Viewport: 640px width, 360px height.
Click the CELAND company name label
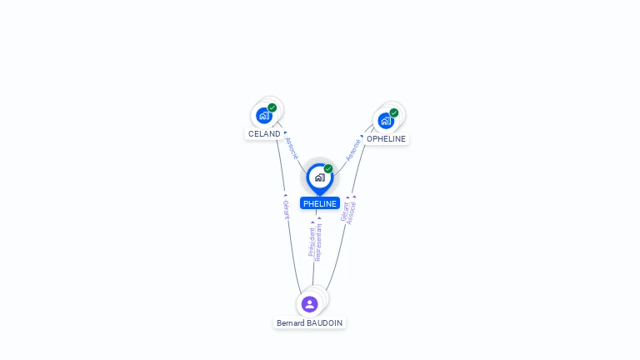(264, 133)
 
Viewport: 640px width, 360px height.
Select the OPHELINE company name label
(386, 139)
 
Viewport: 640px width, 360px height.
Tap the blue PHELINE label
(320, 203)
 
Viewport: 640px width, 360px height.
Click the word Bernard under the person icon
(292, 322)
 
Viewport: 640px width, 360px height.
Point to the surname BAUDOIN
(326, 322)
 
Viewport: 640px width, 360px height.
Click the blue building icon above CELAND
(264, 116)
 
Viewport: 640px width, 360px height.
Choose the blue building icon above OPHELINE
(386, 121)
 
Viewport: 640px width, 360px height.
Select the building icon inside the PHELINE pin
(319, 177)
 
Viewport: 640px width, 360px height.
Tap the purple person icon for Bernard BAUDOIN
(310, 304)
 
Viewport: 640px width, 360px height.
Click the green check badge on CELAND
(272, 107)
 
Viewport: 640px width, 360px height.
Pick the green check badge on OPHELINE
(394, 112)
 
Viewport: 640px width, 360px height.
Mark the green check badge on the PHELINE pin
(328, 168)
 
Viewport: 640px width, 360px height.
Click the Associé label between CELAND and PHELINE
(291, 148)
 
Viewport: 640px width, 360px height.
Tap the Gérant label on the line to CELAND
(286, 209)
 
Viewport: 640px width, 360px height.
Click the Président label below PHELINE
(312, 241)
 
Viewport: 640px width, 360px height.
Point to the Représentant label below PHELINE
(319, 242)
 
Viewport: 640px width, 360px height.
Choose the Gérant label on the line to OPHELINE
(345, 212)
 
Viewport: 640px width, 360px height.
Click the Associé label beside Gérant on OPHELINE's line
(352, 212)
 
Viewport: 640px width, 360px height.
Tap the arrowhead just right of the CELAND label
(286, 132)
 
